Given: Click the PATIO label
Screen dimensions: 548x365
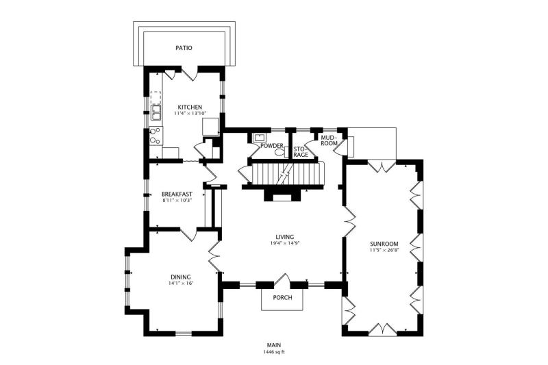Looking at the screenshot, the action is point(184,48).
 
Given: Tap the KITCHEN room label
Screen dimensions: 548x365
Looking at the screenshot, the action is point(190,108).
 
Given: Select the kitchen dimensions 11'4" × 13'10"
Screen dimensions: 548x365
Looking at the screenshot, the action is point(190,113).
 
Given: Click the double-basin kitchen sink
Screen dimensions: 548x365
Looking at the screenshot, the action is point(156,113).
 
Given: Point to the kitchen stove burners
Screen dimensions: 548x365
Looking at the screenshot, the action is point(156,136).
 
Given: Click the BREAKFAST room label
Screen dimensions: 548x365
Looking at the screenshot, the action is point(177,194).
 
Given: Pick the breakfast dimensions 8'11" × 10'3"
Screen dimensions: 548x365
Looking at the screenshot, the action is point(177,201).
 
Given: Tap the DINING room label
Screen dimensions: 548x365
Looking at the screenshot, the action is point(181,277).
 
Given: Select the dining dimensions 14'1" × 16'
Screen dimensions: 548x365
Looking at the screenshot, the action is point(181,284).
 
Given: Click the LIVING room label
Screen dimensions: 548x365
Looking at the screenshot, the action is point(284,237).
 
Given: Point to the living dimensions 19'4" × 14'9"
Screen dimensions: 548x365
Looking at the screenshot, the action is point(285,243).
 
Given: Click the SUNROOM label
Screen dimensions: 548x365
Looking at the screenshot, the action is point(384,244).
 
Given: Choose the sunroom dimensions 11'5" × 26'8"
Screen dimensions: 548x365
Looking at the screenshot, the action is point(384,250).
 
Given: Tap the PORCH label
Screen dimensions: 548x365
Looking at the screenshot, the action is point(282,298).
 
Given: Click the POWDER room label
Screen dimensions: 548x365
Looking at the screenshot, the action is point(272,146).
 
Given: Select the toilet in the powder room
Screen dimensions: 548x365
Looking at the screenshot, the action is point(282,152).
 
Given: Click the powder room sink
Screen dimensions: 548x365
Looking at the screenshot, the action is point(260,136).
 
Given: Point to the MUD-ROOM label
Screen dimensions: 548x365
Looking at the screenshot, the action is point(329,140).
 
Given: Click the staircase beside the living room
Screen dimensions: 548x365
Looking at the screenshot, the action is point(288,173).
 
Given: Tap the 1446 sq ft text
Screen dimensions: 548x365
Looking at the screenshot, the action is point(275,352).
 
